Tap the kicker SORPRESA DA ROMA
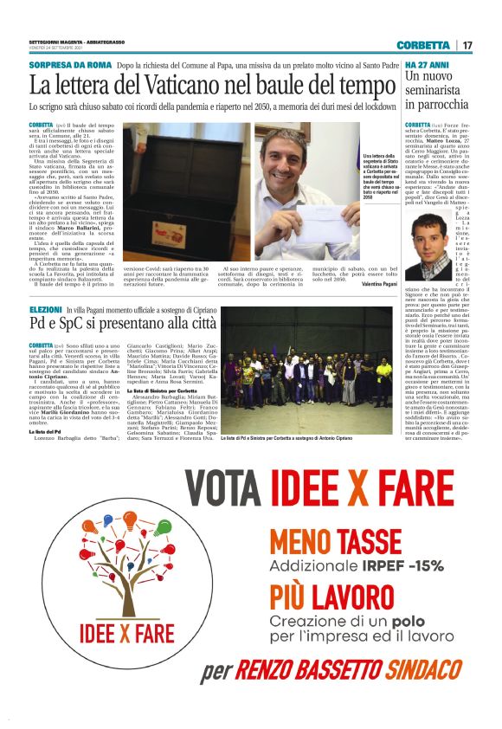click(x=70, y=66)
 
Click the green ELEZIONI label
click(x=45, y=309)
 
